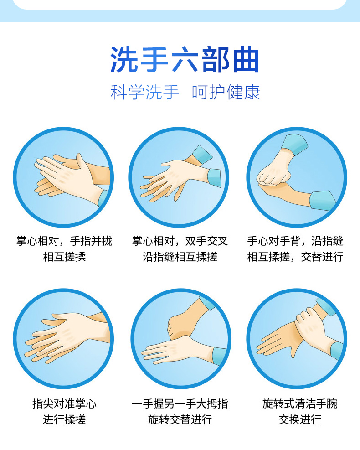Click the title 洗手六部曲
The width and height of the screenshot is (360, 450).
[x=185, y=60]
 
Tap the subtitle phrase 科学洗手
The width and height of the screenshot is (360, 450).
[x=145, y=93]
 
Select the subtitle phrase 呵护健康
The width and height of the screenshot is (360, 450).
[x=226, y=93]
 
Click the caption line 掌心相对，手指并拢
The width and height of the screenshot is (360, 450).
[x=64, y=241]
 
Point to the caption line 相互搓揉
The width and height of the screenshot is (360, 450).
[x=64, y=257]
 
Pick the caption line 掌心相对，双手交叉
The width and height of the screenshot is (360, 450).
[x=180, y=241]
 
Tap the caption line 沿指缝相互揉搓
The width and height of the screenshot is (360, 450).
[x=180, y=257]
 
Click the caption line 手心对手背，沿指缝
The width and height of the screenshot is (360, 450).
[x=295, y=241]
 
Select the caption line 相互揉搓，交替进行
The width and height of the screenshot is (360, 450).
[x=295, y=257]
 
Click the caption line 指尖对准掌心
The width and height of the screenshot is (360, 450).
[x=64, y=404]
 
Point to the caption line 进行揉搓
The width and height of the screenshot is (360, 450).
[x=64, y=419]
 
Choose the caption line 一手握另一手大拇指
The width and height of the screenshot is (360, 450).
[x=180, y=404]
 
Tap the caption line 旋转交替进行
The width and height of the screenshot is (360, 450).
[x=180, y=419]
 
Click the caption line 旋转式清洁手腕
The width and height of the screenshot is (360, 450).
[x=300, y=404]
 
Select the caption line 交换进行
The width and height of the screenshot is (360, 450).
[x=300, y=419]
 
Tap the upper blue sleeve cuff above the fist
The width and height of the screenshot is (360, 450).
[x=294, y=145]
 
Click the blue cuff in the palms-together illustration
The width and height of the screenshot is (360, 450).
[x=103, y=198]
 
